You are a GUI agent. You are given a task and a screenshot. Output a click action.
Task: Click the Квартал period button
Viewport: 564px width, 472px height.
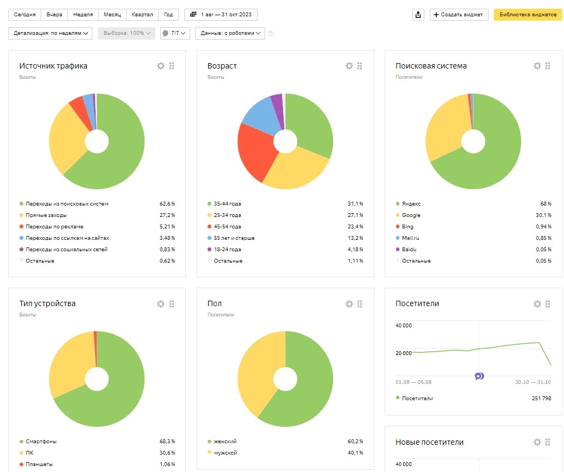[x=142, y=15]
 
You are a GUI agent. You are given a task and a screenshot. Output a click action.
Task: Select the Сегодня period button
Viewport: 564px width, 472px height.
[x=24, y=15]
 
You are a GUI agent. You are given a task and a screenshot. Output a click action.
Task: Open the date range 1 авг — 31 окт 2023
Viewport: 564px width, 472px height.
[x=221, y=15]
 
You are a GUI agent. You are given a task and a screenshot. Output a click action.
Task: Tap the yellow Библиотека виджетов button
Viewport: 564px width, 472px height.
[x=528, y=15]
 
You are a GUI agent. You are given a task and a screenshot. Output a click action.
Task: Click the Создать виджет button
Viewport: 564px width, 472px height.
[x=459, y=15]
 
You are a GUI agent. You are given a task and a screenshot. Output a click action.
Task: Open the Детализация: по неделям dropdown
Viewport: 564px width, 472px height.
[x=51, y=33]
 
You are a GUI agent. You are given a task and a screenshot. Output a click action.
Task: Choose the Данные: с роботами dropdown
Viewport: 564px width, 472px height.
[x=230, y=33]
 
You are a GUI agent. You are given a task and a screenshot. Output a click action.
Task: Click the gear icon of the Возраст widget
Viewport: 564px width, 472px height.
[x=349, y=66]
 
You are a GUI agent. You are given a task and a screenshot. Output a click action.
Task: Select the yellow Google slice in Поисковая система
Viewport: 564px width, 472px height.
[x=446, y=126]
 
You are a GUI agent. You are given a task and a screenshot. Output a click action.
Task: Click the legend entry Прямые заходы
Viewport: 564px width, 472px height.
[x=46, y=215]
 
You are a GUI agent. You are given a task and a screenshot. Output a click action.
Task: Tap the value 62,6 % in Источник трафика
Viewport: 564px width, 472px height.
[x=167, y=204]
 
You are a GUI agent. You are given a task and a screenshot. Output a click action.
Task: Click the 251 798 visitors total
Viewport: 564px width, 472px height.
[x=541, y=398]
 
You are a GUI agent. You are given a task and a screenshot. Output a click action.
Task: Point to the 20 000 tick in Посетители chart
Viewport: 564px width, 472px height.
[x=404, y=353]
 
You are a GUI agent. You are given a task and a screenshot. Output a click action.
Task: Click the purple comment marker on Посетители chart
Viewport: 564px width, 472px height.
[x=479, y=376]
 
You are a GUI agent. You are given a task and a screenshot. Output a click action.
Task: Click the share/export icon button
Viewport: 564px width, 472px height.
[x=418, y=15]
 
